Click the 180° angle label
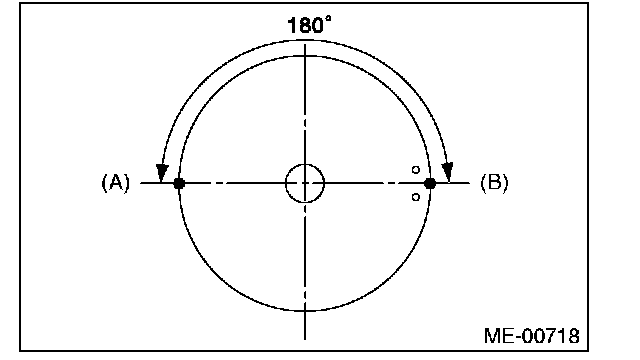click(x=309, y=25)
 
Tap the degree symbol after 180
click(x=328, y=19)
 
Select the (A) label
click(x=116, y=182)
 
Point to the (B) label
click(x=494, y=182)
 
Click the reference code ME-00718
click(x=531, y=336)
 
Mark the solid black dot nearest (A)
click(x=179, y=184)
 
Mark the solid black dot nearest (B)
click(x=430, y=184)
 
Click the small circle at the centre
click(x=305, y=184)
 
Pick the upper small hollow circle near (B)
click(x=416, y=170)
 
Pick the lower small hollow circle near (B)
click(x=416, y=197)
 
